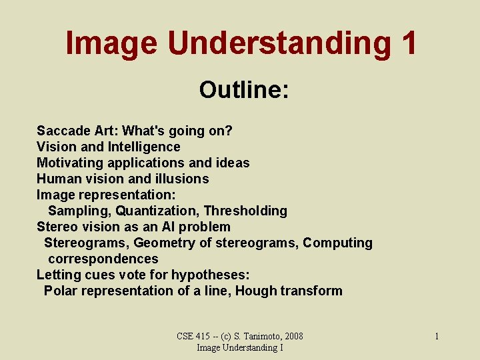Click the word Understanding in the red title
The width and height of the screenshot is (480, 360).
point(279,43)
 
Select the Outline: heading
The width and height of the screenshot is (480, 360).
point(244,89)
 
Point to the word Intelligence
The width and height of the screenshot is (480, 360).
point(144,147)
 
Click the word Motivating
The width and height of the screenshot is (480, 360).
point(70,163)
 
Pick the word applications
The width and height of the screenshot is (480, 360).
point(146,163)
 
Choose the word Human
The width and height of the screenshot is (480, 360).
point(59,179)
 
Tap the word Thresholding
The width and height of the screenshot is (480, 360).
point(245,211)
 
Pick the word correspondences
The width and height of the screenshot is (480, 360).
point(103,259)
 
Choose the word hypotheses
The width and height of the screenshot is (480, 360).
point(210,275)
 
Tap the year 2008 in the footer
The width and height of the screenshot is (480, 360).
point(294,336)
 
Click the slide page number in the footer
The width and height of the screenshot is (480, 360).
point(437,337)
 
